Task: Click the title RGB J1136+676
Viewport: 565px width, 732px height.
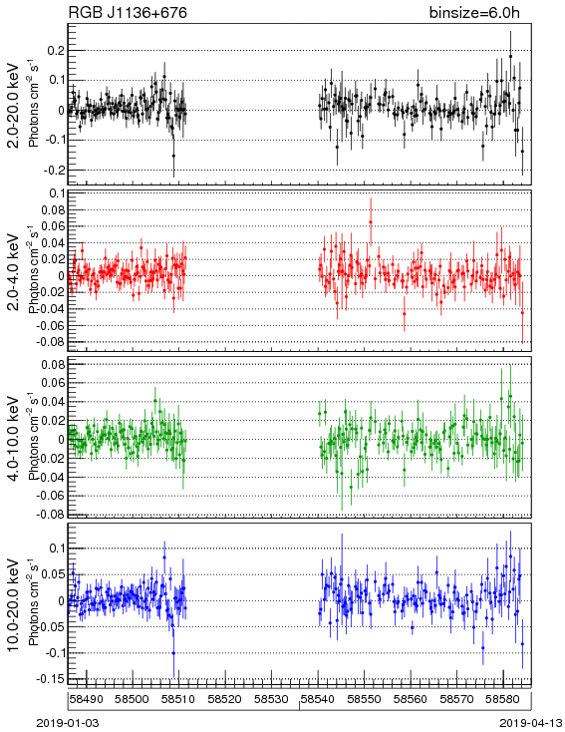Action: tap(128, 12)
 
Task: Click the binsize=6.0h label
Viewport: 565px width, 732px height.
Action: tap(474, 12)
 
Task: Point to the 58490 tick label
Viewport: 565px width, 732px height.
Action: tap(87, 699)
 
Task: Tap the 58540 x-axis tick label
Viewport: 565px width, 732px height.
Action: tap(318, 699)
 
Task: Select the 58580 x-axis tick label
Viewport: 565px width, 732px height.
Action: tap(503, 699)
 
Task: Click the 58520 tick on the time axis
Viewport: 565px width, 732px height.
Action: tap(225, 699)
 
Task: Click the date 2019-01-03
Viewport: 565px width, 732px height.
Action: tap(68, 723)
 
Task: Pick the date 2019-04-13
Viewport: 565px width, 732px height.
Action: tap(529, 723)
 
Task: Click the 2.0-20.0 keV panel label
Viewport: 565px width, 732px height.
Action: tap(14, 105)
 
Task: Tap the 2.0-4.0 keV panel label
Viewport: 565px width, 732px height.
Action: tap(14, 271)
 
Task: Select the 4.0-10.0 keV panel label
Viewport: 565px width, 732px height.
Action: tap(14, 439)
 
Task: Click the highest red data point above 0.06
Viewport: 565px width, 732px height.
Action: tap(371, 222)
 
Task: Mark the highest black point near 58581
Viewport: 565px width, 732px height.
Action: tap(510, 56)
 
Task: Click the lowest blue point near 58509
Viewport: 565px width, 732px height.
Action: tap(173, 653)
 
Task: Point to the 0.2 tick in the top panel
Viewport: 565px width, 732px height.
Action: tap(56, 51)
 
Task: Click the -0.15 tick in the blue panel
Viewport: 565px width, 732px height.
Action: tap(52, 679)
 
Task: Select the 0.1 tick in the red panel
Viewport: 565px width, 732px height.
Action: tap(57, 193)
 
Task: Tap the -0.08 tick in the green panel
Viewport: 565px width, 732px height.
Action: tap(52, 514)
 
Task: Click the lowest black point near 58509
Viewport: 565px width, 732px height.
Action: tap(173, 156)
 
